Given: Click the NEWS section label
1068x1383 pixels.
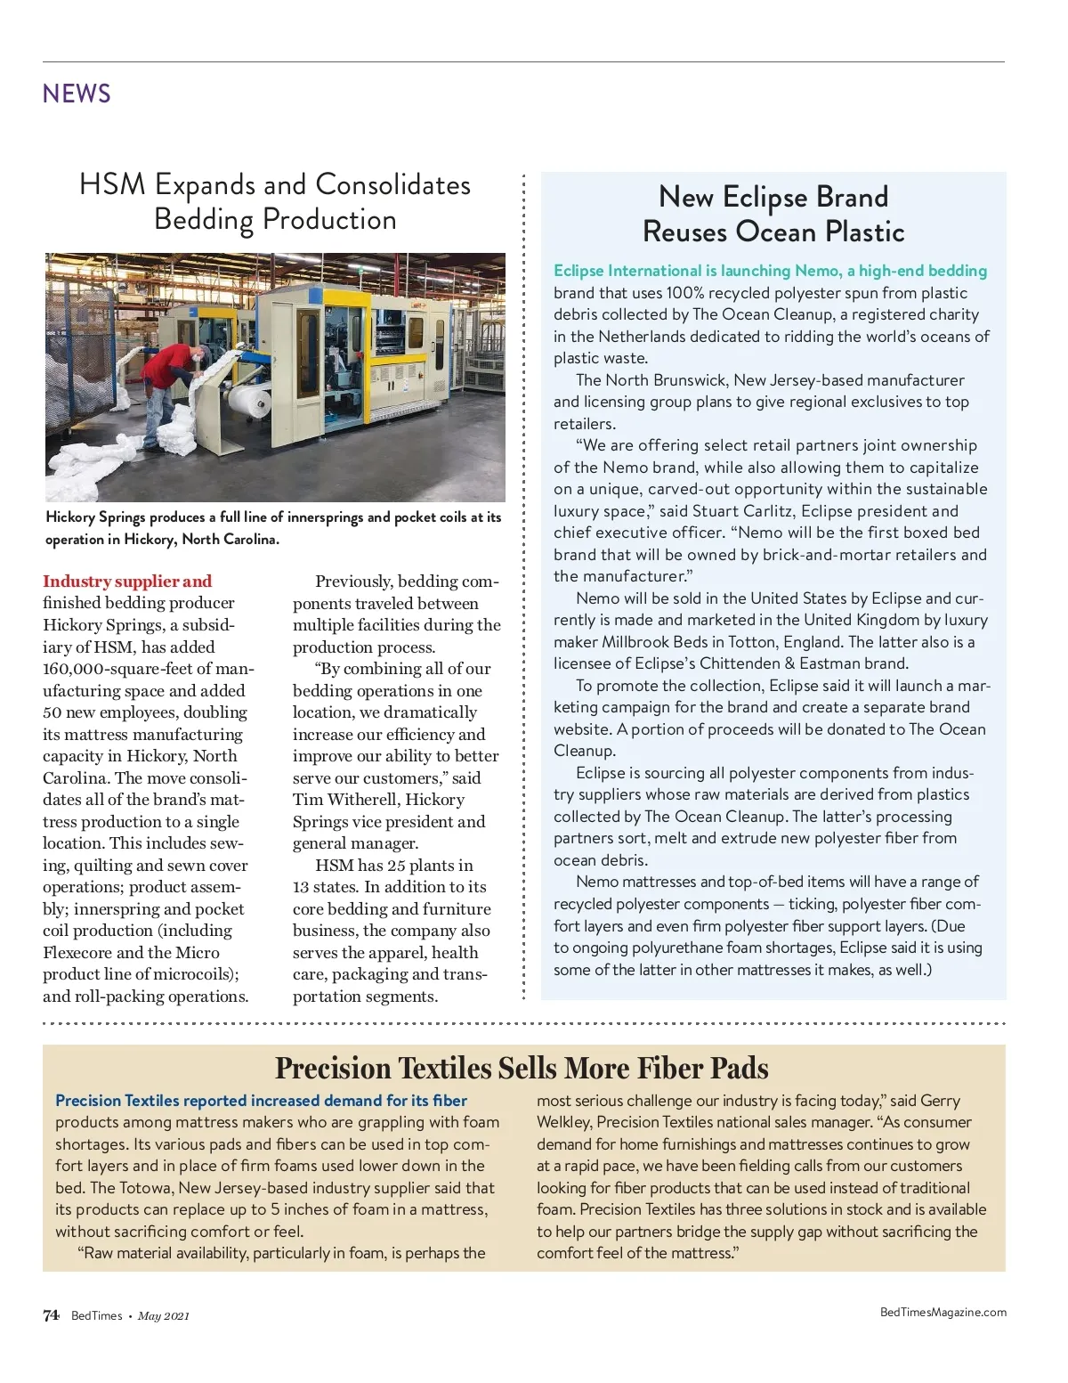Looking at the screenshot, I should (77, 94).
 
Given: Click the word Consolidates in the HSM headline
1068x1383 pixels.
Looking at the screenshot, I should (392, 184).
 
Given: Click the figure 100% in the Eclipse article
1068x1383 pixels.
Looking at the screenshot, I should (685, 293).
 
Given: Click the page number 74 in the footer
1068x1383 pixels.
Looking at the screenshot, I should (51, 1315).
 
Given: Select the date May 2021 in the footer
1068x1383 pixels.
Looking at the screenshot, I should (164, 1316).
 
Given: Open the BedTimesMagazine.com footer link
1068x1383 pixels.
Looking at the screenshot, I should (943, 1312).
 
